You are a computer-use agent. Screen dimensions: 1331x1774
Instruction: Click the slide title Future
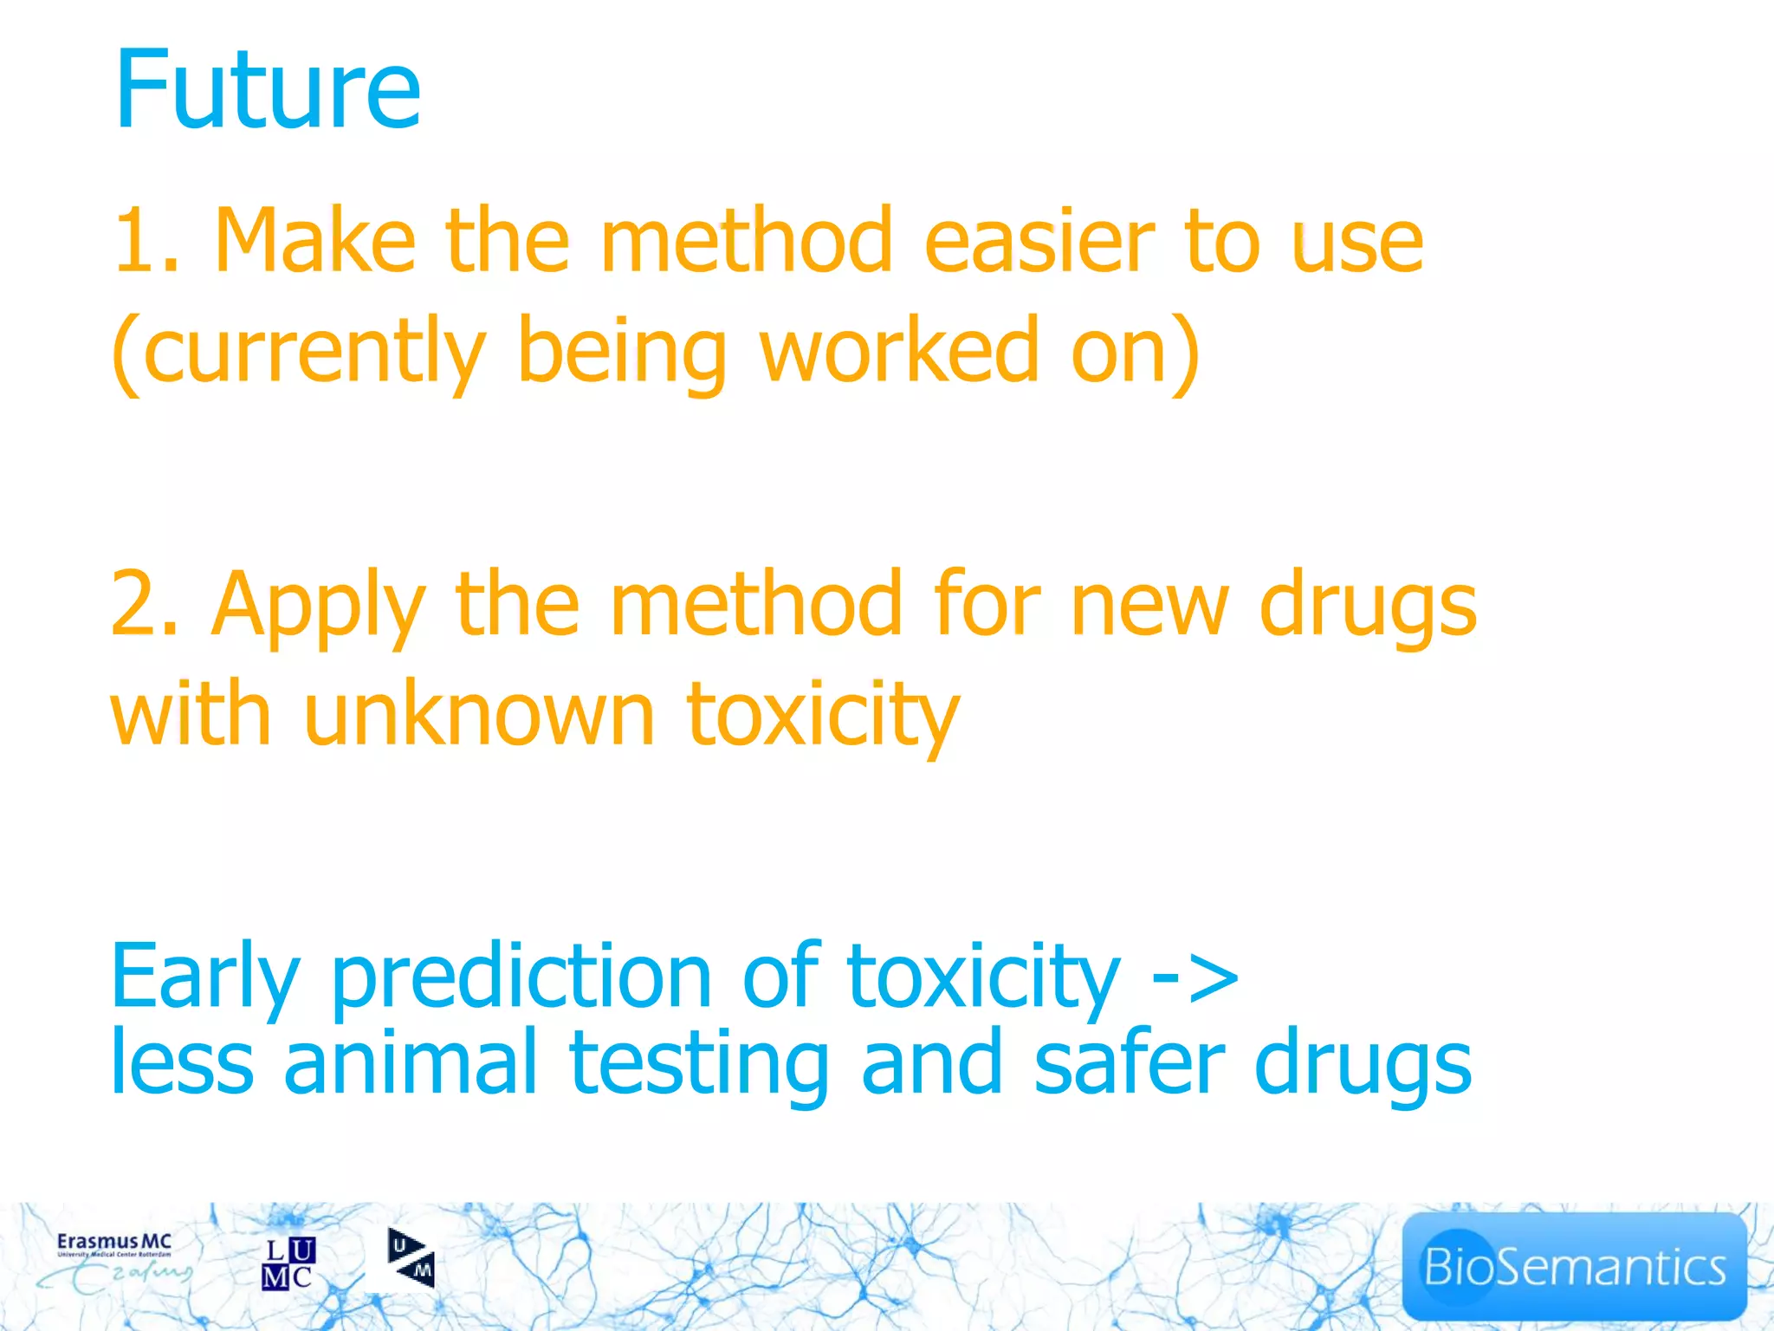[267, 89]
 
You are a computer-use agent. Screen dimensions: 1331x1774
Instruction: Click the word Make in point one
[314, 241]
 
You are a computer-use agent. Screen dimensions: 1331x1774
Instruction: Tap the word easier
[1039, 241]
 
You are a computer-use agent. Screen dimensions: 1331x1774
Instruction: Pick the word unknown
[479, 715]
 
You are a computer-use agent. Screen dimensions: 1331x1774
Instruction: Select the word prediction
[521, 977]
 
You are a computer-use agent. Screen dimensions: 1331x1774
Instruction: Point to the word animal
[411, 1062]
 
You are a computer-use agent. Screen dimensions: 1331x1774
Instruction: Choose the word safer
[1129, 1062]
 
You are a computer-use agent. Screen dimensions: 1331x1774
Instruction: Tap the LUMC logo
[288, 1263]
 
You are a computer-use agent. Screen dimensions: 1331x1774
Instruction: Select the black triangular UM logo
[411, 1258]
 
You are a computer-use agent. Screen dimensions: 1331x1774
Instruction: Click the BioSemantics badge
[1573, 1266]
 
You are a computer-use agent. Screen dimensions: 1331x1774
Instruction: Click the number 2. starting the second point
[144, 605]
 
